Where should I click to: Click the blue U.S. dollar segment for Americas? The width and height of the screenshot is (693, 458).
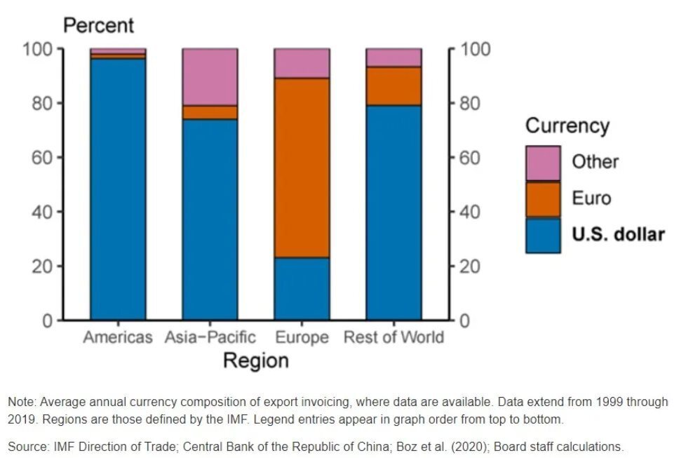(x=118, y=189)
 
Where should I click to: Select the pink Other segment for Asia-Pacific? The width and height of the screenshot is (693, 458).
(x=210, y=76)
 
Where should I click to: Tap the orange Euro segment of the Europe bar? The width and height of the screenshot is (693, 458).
(x=302, y=168)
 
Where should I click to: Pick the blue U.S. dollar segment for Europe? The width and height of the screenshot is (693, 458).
(x=302, y=288)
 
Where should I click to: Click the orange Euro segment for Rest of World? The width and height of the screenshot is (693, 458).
(x=393, y=86)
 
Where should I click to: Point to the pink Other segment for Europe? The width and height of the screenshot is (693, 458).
(x=302, y=63)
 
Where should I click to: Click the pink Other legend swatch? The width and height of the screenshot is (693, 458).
(x=543, y=163)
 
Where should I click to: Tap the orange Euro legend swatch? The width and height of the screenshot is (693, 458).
(x=543, y=199)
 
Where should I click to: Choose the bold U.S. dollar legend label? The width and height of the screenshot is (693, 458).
(x=618, y=234)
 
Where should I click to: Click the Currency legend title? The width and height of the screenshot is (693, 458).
(x=567, y=126)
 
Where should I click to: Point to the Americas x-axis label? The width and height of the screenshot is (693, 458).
(x=117, y=337)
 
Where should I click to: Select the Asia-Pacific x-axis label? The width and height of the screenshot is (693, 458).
(x=210, y=337)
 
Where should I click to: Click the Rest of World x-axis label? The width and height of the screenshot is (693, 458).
(x=393, y=337)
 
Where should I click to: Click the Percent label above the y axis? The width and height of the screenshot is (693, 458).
(x=98, y=26)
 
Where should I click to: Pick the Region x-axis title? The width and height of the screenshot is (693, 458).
(x=255, y=361)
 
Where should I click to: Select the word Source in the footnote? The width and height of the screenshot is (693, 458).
(x=25, y=447)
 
